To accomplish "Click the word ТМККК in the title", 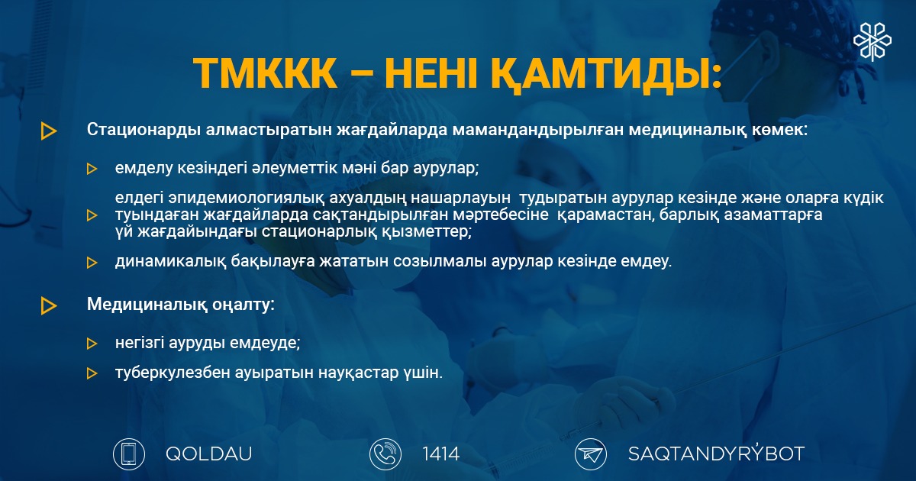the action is point(265,73).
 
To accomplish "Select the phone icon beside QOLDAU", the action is point(129,454).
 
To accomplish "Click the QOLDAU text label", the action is point(208,454).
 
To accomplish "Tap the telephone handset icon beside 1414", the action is point(385,454).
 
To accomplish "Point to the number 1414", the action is point(440,454).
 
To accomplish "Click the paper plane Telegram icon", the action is point(591,454).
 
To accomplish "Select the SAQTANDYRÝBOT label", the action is point(716,454).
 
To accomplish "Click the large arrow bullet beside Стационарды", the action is point(49,131).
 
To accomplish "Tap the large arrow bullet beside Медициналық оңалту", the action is point(49,305).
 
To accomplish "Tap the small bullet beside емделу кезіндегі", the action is point(92,169).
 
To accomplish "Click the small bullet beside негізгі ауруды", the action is point(92,343).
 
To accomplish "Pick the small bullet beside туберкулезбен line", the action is point(92,373).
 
